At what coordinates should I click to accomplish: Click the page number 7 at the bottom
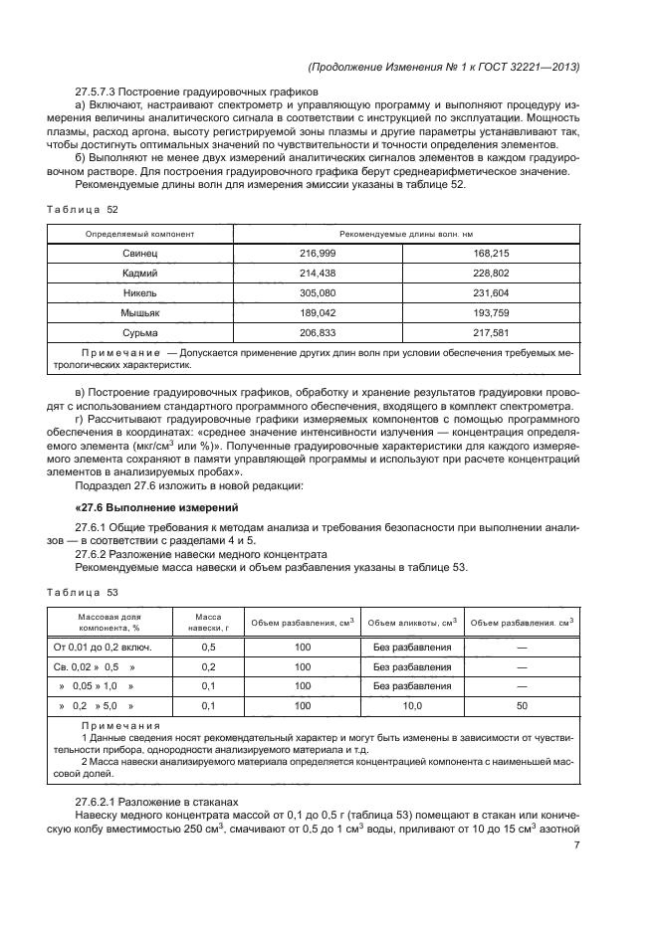[576, 845]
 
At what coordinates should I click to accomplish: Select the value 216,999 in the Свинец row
[319, 254]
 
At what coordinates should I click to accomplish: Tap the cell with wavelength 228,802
[492, 272]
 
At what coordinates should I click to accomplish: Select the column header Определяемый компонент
[140, 234]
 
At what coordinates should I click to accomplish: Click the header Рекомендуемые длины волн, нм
[405, 234]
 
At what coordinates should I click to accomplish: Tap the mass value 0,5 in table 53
[209, 648]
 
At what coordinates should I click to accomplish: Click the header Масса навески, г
[209, 623]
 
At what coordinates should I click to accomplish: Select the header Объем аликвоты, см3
[412, 623]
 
